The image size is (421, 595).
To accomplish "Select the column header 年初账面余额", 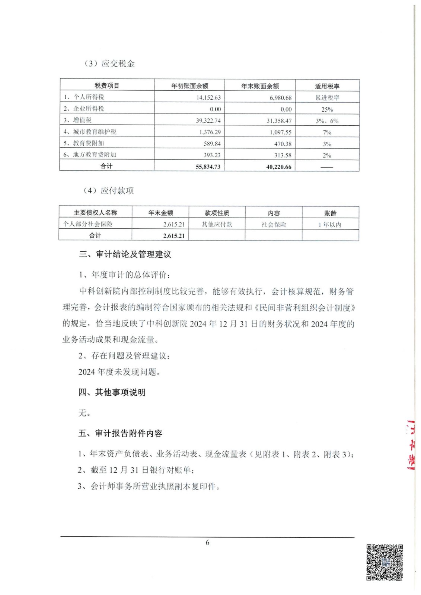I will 189,86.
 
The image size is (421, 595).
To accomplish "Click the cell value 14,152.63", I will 208,97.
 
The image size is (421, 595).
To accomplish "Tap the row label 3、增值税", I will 77,120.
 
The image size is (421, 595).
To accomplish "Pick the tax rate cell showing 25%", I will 327,109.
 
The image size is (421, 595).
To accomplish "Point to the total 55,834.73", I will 208,167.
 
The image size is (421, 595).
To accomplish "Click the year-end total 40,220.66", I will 278,167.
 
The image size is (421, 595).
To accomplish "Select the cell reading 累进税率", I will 327,98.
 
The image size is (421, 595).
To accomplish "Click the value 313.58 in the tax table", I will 283,155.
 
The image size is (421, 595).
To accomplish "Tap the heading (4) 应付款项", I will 108,191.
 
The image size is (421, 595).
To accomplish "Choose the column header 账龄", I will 330,213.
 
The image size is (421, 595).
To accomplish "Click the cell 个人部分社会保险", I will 88,224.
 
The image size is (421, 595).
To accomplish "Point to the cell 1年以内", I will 329,225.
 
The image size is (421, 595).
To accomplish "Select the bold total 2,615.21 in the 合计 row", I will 173,236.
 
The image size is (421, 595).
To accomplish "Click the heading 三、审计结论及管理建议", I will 125,254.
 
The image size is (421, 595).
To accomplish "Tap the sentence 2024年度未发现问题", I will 119,372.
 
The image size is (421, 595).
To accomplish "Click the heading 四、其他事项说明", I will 112,392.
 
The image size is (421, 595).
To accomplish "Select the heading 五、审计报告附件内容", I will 120,434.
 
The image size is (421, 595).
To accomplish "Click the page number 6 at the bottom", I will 207,543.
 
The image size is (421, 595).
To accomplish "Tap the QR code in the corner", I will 385,562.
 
